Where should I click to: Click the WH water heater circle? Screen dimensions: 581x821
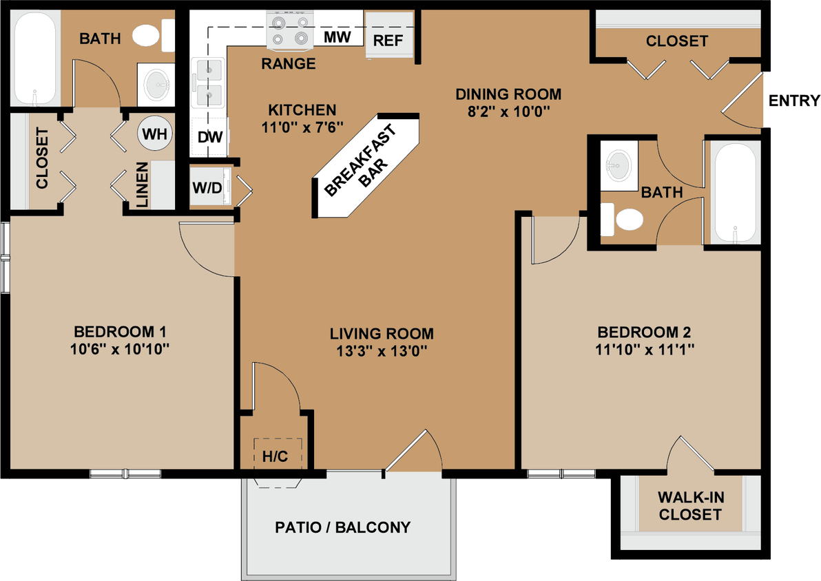[155, 134]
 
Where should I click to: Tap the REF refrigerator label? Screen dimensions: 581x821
[388, 41]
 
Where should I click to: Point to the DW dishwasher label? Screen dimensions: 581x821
[209, 137]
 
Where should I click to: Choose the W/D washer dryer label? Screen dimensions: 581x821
[207, 188]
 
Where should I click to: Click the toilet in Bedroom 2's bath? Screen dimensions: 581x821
[623, 220]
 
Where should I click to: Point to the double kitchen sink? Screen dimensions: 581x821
[209, 82]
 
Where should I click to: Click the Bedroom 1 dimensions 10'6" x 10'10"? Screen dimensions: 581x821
[120, 350]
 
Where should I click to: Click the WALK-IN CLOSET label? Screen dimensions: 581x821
[690, 506]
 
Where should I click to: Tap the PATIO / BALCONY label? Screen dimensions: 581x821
[342, 527]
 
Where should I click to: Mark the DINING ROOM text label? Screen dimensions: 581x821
[508, 94]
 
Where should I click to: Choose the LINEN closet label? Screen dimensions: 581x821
[141, 184]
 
